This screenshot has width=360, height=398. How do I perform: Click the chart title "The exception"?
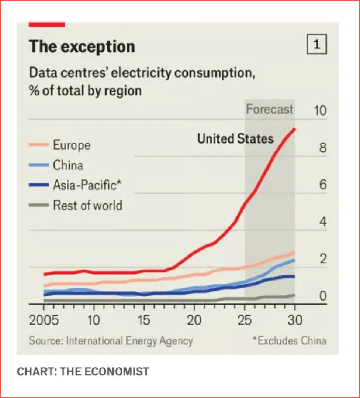(x=82, y=47)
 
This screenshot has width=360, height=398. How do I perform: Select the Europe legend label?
(x=72, y=145)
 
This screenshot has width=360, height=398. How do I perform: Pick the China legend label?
(x=68, y=165)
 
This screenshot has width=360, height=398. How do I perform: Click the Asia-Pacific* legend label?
(x=87, y=185)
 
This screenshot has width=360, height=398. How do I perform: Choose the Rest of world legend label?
(x=87, y=205)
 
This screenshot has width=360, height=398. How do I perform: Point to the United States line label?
(x=235, y=139)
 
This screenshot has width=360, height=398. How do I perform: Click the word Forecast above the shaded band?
(x=270, y=109)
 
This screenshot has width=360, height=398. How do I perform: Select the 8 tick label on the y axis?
(x=323, y=148)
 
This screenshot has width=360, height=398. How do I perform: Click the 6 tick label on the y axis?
(x=323, y=185)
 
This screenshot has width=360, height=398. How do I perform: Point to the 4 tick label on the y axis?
(x=323, y=222)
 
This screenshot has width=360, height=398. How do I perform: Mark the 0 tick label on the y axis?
(x=323, y=296)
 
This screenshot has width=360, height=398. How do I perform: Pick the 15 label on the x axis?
(x=144, y=320)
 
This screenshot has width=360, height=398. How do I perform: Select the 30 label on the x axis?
(x=294, y=320)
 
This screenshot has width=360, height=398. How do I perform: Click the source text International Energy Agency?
(x=129, y=340)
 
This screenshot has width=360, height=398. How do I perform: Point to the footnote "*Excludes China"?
(x=289, y=340)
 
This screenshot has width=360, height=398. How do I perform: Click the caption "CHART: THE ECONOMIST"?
(x=83, y=371)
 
